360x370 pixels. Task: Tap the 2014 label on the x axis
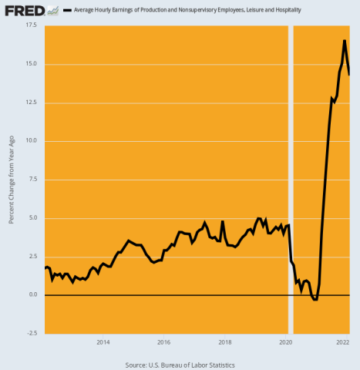click(x=103, y=341)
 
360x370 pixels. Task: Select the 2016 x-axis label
click(x=163, y=341)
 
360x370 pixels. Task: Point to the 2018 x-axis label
click(x=224, y=341)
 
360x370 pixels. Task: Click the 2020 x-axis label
click(x=285, y=341)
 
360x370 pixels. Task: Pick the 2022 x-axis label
click(x=343, y=341)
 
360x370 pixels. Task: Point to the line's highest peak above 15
click(x=344, y=40)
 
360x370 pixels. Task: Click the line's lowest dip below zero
click(x=315, y=299)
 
